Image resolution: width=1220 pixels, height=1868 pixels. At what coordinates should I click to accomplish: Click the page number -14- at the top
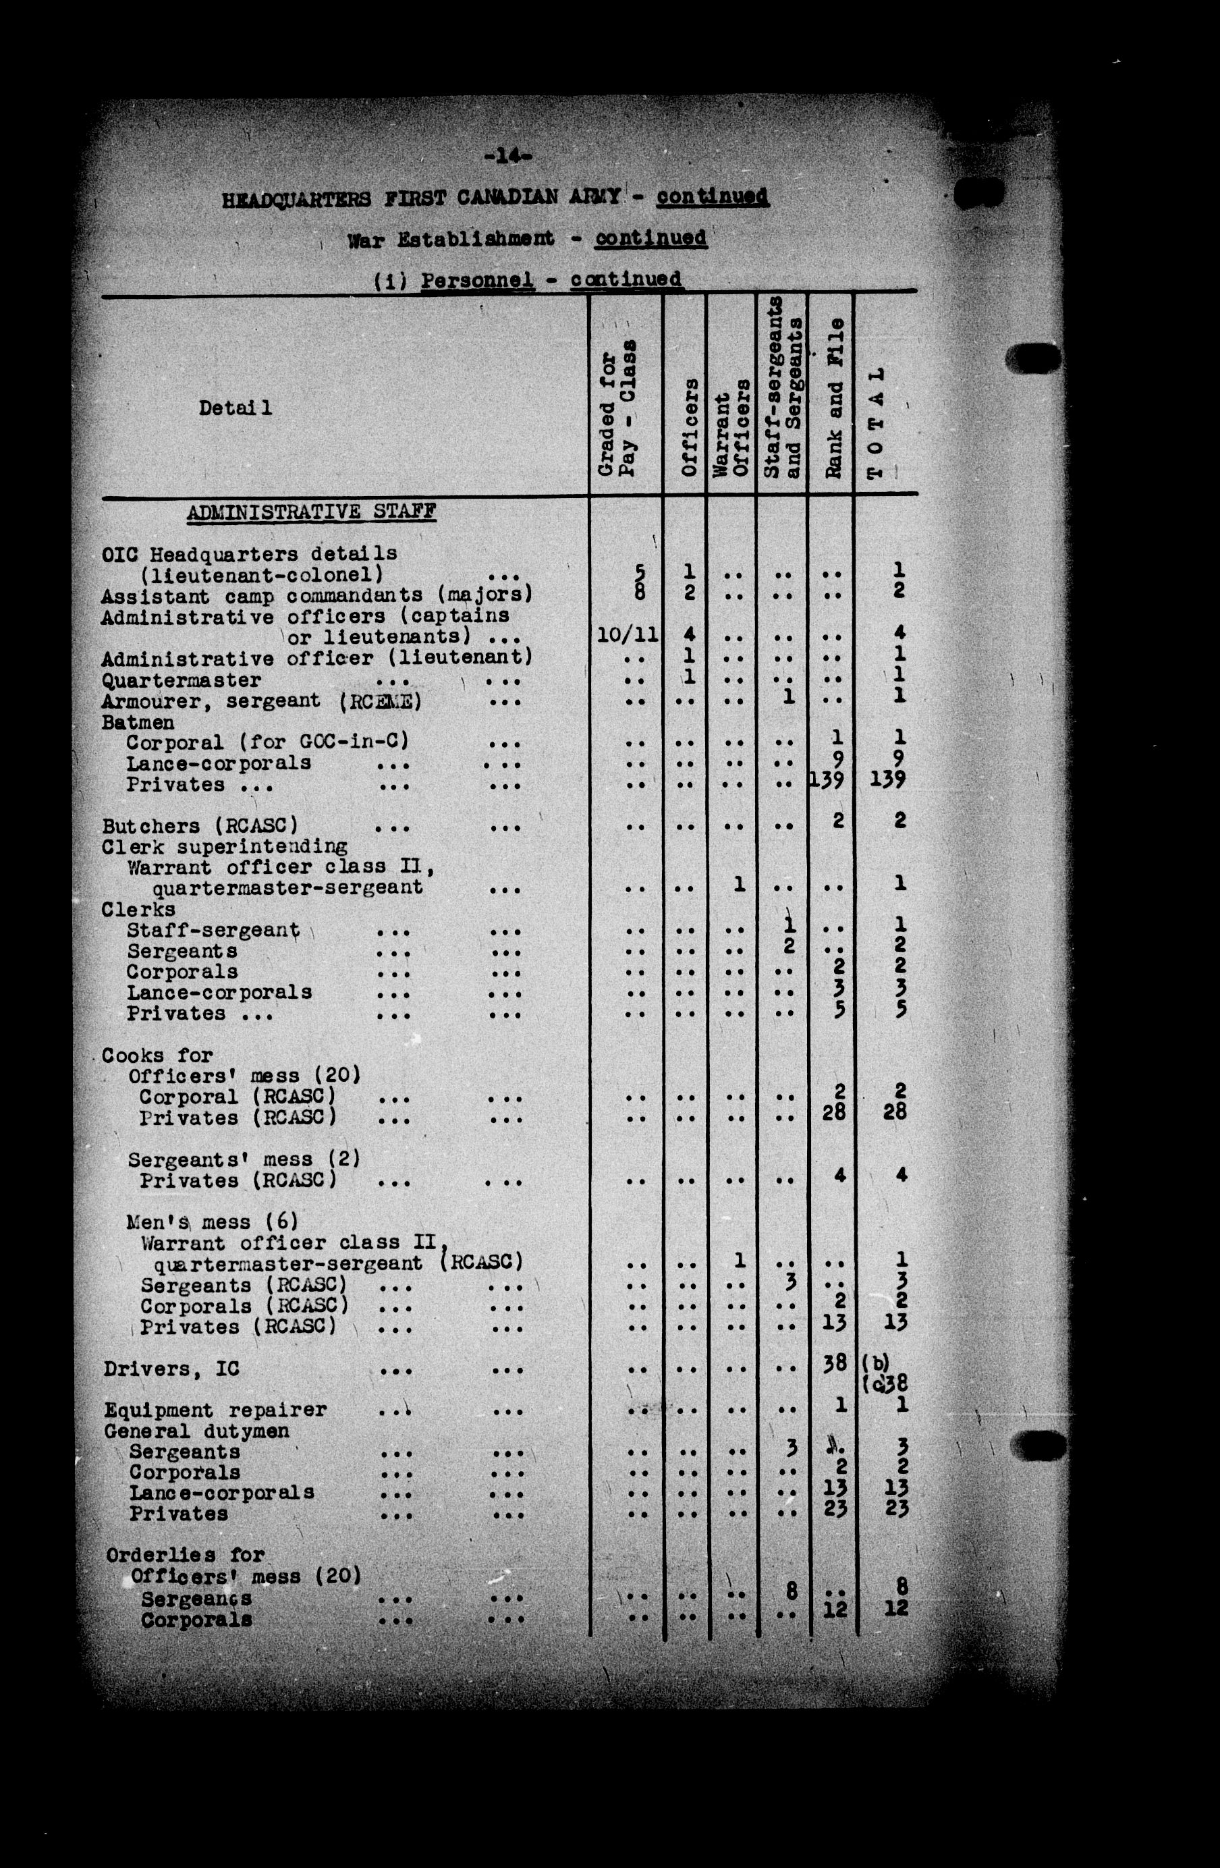pos(508,156)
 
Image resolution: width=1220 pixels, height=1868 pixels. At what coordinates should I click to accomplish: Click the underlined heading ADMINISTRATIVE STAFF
pos(312,512)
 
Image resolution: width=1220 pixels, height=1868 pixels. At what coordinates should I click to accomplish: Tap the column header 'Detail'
pos(235,408)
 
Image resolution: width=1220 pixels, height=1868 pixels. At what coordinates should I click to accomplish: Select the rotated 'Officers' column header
pos(689,427)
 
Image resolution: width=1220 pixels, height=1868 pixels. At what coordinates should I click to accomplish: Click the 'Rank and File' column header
pos(834,398)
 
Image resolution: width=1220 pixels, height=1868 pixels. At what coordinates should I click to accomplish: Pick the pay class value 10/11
pos(627,635)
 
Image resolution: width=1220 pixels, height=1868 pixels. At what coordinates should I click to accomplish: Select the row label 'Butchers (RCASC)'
pos(200,827)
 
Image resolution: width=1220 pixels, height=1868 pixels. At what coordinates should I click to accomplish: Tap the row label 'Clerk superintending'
pos(225,847)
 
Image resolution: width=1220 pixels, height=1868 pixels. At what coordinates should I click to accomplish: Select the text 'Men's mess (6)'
pos(212,1222)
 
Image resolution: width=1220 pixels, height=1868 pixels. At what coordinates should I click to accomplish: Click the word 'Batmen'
pos(138,722)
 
